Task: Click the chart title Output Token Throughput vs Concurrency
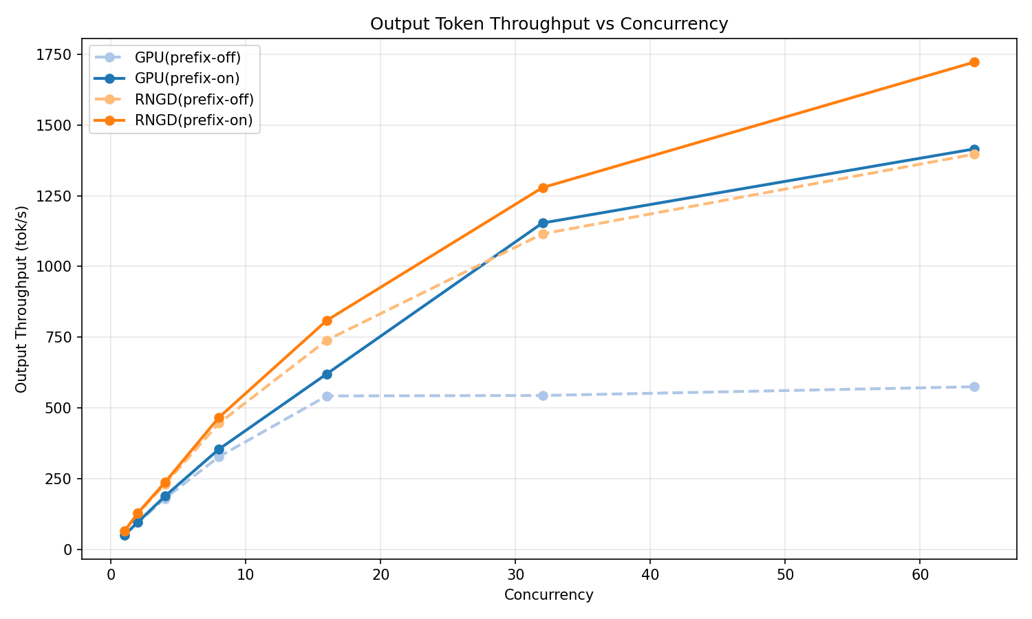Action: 548,24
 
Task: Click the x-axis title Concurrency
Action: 548,595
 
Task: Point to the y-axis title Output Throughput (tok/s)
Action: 21,299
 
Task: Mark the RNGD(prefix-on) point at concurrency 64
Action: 974,63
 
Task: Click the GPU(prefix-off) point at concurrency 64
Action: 974,387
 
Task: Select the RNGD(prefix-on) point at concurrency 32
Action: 543,188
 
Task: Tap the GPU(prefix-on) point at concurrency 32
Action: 543,223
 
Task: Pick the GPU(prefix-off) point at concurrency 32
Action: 543,395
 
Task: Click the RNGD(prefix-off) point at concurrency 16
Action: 327,340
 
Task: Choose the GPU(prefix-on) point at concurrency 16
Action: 327,374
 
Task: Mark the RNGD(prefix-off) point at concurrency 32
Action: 543,234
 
